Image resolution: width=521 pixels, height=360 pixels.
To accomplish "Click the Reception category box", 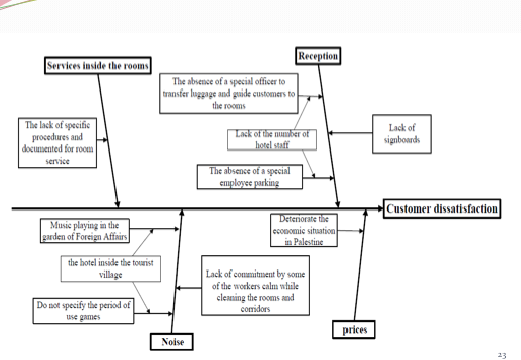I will pos(318,56).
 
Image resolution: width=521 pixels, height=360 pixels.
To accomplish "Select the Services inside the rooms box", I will pos(98,66).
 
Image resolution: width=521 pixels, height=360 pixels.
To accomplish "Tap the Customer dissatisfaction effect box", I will pos(442,208).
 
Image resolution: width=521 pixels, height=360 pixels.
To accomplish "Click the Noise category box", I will pos(172,341).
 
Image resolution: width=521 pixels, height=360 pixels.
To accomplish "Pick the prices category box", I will pos(354,329).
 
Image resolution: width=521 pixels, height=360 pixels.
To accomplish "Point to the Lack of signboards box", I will pos(401,134).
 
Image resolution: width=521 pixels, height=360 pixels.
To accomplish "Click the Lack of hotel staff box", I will pos(272,140).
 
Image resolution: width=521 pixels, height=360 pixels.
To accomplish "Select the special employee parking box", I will pos(249,176).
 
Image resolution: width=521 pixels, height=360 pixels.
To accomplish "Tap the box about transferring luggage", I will pos(228,94).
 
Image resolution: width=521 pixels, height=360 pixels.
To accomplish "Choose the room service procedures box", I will pos(57,143).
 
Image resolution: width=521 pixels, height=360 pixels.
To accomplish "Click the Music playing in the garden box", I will pos(84,231).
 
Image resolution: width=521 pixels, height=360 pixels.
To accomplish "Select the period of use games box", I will pos(83,311).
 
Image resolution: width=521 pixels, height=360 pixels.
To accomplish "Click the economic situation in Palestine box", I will pos(304,230).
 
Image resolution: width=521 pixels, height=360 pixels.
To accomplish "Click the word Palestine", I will pos(308,242).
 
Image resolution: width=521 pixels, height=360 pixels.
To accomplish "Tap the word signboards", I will pos(401,140).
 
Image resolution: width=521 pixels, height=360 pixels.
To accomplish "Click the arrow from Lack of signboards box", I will pos(351,134).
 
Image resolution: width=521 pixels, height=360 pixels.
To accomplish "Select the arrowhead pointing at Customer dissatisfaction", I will pos(379,208).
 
